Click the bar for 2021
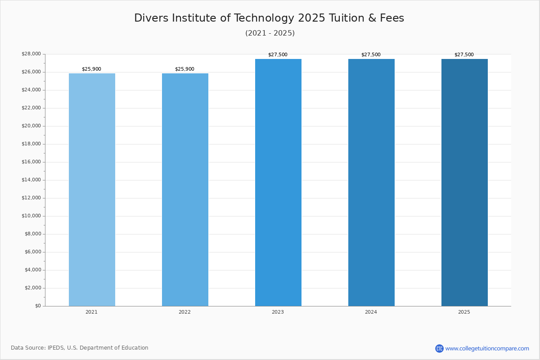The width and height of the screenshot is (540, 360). point(92,189)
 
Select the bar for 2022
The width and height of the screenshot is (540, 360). point(185,189)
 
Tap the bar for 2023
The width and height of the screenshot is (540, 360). point(278,182)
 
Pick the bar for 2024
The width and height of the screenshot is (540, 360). point(371,182)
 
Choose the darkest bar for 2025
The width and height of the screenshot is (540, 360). point(464,182)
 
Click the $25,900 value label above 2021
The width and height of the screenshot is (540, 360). point(91,69)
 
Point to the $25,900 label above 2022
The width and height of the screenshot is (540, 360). point(184,69)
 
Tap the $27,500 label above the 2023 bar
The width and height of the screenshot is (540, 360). point(278,55)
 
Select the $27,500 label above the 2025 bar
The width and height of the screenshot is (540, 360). point(464,55)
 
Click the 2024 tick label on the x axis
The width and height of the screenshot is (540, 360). point(371,312)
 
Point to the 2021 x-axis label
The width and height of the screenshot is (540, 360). point(91,312)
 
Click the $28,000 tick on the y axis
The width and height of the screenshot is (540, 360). point(31,54)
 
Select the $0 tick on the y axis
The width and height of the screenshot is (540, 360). point(38,306)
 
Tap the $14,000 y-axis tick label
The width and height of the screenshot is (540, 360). point(31,180)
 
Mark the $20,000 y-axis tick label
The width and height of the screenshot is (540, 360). point(31,126)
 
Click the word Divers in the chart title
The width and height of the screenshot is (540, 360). point(149,18)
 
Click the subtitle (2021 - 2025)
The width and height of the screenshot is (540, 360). point(270,33)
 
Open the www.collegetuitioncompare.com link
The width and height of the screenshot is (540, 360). point(487,348)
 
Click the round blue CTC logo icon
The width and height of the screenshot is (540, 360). point(439,348)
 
